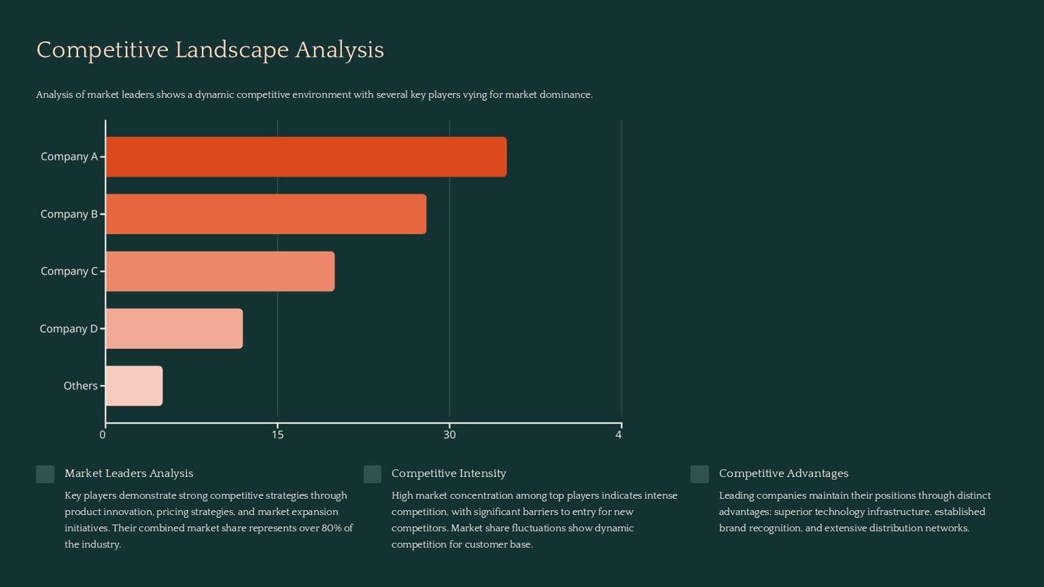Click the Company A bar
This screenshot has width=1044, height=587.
(306, 157)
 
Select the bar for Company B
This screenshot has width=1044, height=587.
(266, 214)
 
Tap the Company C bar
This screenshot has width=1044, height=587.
(220, 271)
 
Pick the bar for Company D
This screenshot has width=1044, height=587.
(174, 329)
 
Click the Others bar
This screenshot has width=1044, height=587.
(134, 386)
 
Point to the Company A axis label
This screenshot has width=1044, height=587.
(69, 157)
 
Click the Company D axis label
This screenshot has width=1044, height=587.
(68, 329)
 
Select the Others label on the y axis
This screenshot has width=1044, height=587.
(80, 386)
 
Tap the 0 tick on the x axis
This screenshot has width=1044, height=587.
(103, 435)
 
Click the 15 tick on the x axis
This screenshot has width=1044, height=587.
(277, 435)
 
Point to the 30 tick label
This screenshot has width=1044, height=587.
(449, 435)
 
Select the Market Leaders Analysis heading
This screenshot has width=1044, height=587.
(128, 474)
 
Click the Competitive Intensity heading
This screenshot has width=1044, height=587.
(449, 474)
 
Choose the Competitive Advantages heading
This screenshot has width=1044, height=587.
(783, 474)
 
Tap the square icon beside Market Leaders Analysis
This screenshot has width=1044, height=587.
(45, 474)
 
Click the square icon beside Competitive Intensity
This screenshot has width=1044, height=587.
(372, 474)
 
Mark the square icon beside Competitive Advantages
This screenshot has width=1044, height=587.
(699, 474)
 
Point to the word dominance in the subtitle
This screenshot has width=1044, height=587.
(565, 95)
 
